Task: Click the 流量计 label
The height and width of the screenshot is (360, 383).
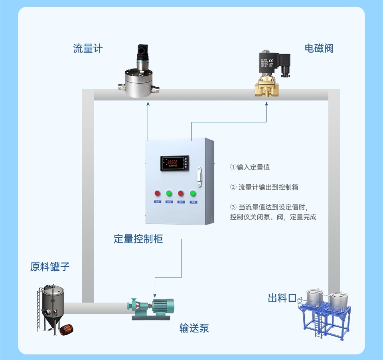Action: [88, 49]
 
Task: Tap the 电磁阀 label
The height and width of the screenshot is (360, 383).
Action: [319, 49]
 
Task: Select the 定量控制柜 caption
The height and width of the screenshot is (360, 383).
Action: [138, 239]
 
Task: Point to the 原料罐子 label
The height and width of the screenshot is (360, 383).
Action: [50, 267]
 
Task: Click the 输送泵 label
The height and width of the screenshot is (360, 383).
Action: [194, 328]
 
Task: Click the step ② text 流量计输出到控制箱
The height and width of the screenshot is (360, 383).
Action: [268, 187]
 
